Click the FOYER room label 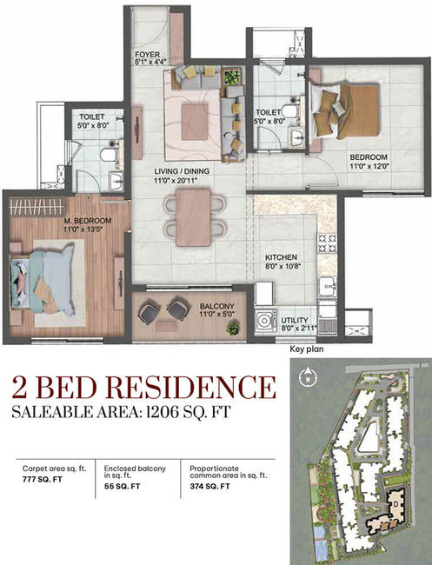(x=148, y=55)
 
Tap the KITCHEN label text (x=281, y=257)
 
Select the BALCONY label (x=217, y=306)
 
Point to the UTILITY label (x=295, y=320)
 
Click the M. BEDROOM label (x=88, y=221)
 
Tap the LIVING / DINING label (x=182, y=171)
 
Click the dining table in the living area (x=194, y=217)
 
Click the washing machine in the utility (x=265, y=319)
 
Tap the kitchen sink (x=328, y=287)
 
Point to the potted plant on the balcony (x=233, y=328)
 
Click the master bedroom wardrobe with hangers (x=37, y=207)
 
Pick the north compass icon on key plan (x=308, y=376)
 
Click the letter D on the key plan (x=395, y=504)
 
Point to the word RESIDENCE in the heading (x=189, y=387)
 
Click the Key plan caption (x=307, y=349)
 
